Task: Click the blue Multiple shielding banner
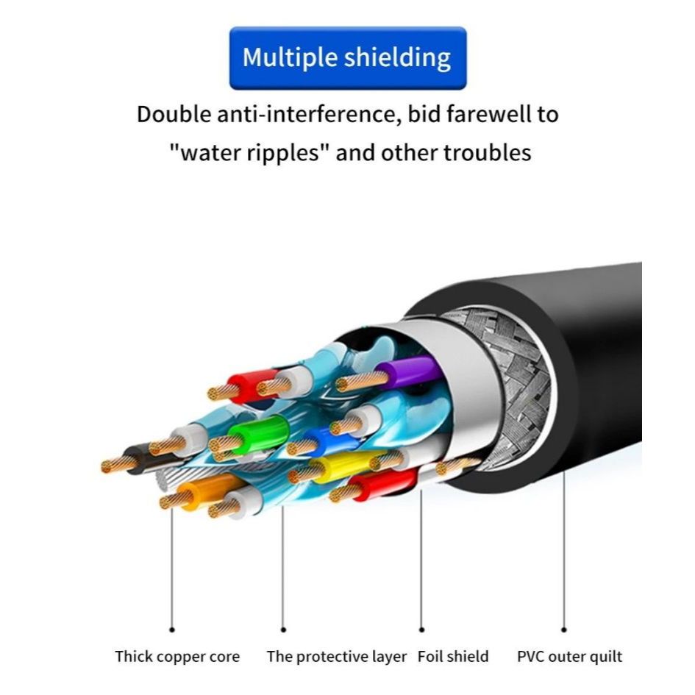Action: pyautogui.click(x=348, y=58)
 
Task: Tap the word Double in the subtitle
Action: pyautogui.click(x=174, y=114)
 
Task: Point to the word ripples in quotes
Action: pyautogui.click(x=282, y=154)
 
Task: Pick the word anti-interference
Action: pyautogui.click(x=310, y=114)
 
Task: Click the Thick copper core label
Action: pyautogui.click(x=177, y=657)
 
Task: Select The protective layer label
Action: pyautogui.click(x=336, y=657)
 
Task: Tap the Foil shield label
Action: pyautogui.click(x=453, y=656)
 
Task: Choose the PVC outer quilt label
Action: pyautogui.click(x=569, y=657)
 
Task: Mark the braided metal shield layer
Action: pyautogui.click(x=510, y=390)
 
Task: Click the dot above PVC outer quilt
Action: pyautogui.click(x=564, y=630)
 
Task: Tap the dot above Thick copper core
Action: pyautogui.click(x=172, y=630)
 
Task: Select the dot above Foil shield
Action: pyautogui.click(x=421, y=630)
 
